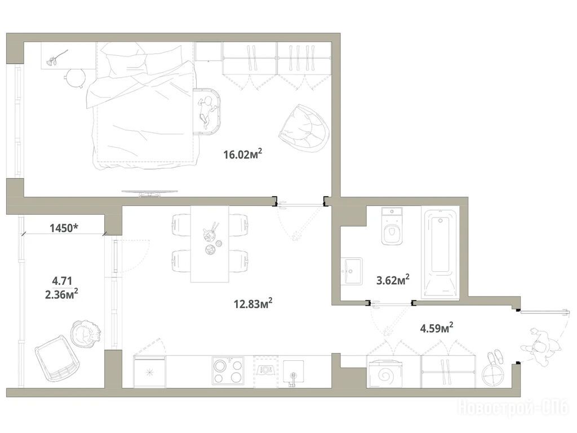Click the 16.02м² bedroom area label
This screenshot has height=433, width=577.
click(243, 153)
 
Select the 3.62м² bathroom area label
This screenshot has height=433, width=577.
click(393, 280)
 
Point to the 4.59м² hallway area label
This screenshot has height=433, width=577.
click(437, 328)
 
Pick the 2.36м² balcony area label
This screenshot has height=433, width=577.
click(61, 294)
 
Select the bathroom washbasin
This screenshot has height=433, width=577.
click(352, 271)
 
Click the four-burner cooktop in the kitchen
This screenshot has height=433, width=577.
click(228, 371)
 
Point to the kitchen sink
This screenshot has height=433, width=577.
click(293, 373)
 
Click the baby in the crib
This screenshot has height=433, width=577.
click(205, 110)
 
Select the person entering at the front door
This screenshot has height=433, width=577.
click(540, 346)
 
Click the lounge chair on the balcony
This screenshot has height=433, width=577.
click(57, 363)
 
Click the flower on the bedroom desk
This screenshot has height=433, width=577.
click(57, 58)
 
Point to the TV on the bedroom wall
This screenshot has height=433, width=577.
click(150, 193)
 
